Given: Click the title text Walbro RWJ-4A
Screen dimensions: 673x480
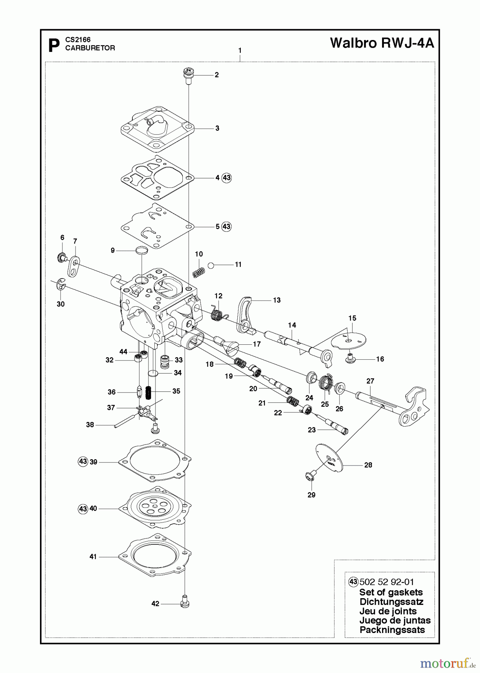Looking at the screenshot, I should click(x=382, y=43).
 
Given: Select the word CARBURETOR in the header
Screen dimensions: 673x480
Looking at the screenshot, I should click(x=90, y=48).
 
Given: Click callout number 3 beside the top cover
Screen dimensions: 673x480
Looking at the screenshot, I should click(x=217, y=128).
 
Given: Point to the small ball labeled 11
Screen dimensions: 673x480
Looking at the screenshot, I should click(x=211, y=265).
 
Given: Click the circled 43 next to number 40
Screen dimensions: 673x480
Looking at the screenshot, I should click(x=83, y=509).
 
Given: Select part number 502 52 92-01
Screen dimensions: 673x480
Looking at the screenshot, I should click(x=386, y=582).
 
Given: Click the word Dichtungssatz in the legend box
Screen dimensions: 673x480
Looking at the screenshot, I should click(x=391, y=602).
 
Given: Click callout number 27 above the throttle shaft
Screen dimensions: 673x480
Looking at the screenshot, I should click(x=370, y=381).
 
